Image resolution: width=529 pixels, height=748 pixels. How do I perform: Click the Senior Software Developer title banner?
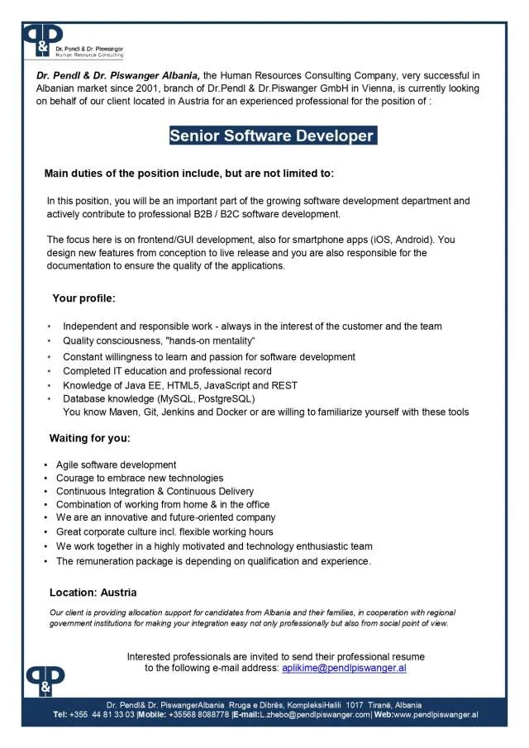click(x=273, y=136)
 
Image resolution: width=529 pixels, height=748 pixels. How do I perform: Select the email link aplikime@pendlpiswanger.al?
click(x=344, y=668)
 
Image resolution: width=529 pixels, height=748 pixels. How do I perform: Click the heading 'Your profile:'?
click(x=83, y=298)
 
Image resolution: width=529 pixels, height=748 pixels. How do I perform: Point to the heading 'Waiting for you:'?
click(x=89, y=437)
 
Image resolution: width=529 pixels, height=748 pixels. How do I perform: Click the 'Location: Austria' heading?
click(x=93, y=593)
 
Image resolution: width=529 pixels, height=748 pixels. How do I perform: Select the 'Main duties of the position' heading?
click(x=188, y=174)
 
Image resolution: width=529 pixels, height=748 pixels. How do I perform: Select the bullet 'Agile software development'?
click(x=116, y=465)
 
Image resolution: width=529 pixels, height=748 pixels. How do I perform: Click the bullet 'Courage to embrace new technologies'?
click(x=140, y=478)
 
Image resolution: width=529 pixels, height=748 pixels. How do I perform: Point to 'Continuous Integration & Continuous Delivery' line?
click(x=155, y=491)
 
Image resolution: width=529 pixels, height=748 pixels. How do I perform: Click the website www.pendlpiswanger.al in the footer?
click(x=432, y=714)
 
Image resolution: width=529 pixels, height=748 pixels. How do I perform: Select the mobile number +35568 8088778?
click(x=198, y=714)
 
